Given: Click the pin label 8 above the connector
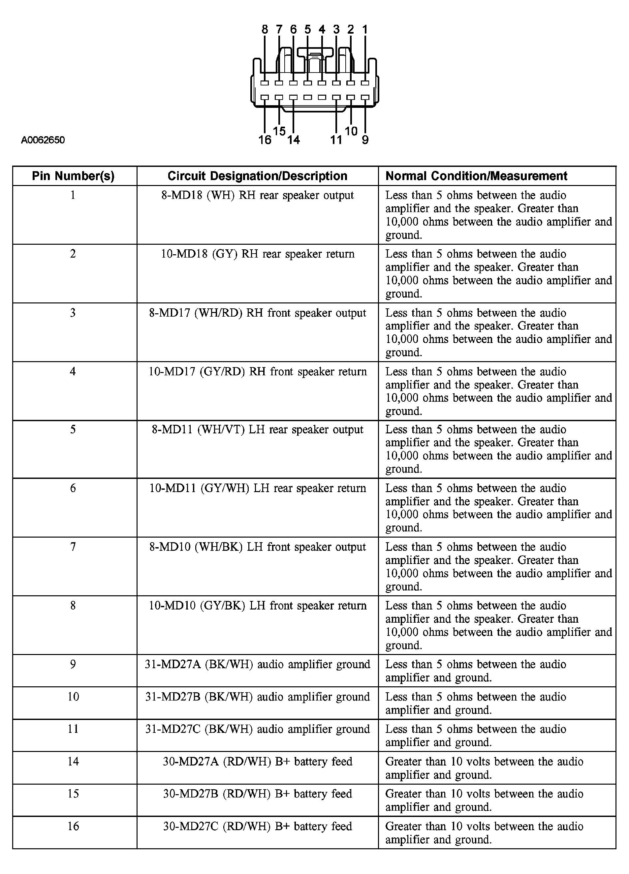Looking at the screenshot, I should pos(265,29).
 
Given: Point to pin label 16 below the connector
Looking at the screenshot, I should pos(265,140).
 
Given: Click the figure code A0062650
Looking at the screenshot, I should pos(43,140).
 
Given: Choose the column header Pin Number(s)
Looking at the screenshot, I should pos(73,176).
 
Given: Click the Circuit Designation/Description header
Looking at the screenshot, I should pos(258,176).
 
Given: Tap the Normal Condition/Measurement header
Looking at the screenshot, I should pos(476,176).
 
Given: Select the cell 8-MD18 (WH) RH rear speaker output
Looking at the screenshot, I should pos(258,195).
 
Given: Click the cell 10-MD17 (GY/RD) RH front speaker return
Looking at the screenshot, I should pos(258,371).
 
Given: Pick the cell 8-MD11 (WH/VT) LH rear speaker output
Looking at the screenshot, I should pos(258,430).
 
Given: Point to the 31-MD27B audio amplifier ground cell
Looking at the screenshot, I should pos(258,697).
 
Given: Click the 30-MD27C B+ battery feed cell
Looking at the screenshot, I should pos(258,826).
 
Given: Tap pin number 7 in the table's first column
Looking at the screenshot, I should pos(73,547).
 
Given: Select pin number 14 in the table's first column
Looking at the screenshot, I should pos(73,762).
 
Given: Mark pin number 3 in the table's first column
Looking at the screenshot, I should pos(73,313).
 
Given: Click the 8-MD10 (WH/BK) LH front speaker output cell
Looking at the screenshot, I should pos(258,547).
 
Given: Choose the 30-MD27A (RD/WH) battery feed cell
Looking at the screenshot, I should pos(258,762).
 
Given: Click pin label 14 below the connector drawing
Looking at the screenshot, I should pos(293,140).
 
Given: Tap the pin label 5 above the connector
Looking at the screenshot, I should pos(307,29).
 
